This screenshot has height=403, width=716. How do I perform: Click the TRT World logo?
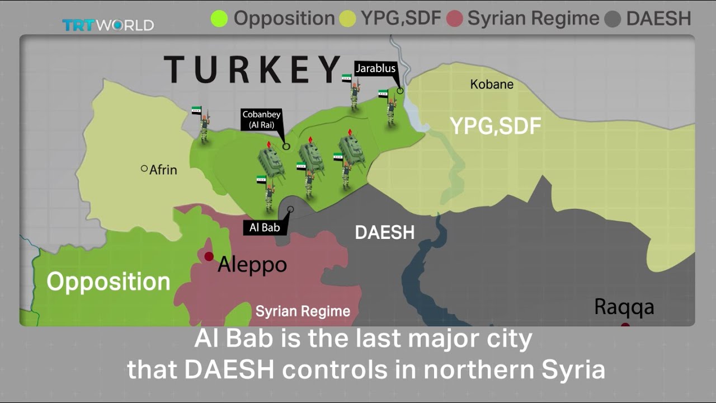tap(107, 25)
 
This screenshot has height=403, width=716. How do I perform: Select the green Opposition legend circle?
tap(219, 18)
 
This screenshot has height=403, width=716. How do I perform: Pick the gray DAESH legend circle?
tap(613, 19)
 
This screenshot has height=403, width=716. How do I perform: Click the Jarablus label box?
tap(375, 68)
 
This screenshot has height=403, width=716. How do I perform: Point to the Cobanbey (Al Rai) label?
tap(262, 120)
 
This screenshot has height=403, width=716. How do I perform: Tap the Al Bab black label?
tap(265, 228)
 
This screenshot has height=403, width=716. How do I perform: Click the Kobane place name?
tap(492, 85)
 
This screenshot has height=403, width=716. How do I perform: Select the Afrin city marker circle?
tap(144, 168)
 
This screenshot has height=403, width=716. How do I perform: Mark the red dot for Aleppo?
tap(209, 256)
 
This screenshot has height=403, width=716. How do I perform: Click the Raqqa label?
tap(624, 307)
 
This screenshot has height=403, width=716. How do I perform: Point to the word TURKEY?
tap(252, 69)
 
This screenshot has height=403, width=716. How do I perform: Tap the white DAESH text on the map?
tap(385, 232)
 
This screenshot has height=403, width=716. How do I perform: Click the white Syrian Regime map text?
tap(303, 311)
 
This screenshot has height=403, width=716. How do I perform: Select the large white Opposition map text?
tap(109, 282)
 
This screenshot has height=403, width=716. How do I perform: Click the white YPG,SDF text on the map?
tap(496, 126)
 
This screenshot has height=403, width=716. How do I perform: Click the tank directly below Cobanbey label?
tap(271, 161)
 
